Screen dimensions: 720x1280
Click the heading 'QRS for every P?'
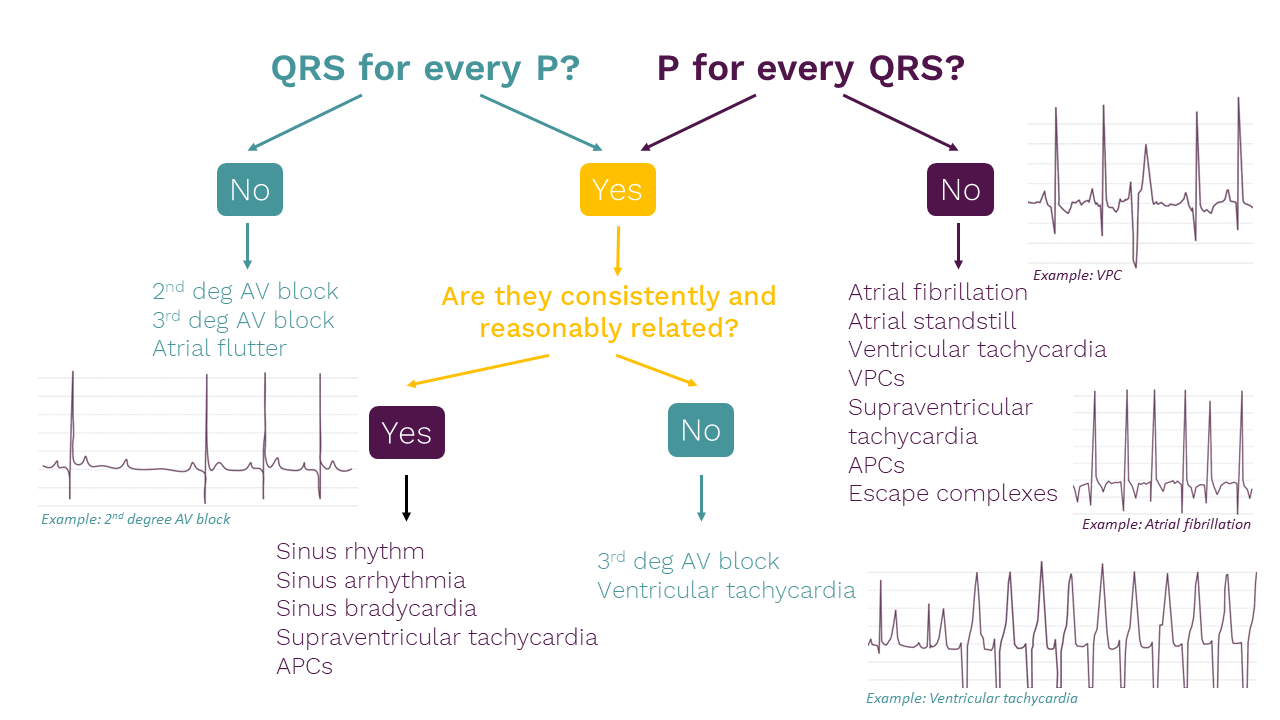pos(425,68)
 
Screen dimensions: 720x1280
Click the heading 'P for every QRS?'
pos(810,68)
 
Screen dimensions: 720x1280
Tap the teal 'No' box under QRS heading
pos(250,189)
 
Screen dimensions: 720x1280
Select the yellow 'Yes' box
pos(617,189)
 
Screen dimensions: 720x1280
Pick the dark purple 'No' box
pos(960,189)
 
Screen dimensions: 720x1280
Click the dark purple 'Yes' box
pos(406,432)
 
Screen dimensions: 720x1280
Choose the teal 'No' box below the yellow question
pos(700,430)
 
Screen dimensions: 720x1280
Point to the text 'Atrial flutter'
pos(219,348)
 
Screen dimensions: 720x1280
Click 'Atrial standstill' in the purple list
pos(932,321)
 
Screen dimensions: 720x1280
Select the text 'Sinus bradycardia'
pos(376,608)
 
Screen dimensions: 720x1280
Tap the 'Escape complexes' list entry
pos(952,493)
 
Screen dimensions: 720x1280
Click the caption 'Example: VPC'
pos(1078,274)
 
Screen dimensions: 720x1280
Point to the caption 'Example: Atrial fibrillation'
pos(1166,524)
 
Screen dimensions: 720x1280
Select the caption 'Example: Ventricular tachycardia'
pos(972,698)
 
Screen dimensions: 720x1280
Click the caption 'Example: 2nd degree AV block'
pos(136,519)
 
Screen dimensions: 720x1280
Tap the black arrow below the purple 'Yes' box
pos(406,497)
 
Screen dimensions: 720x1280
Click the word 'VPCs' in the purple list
pos(876,378)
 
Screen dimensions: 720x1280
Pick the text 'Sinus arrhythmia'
pos(370,580)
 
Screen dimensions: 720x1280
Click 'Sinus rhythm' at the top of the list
pos(350,551)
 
